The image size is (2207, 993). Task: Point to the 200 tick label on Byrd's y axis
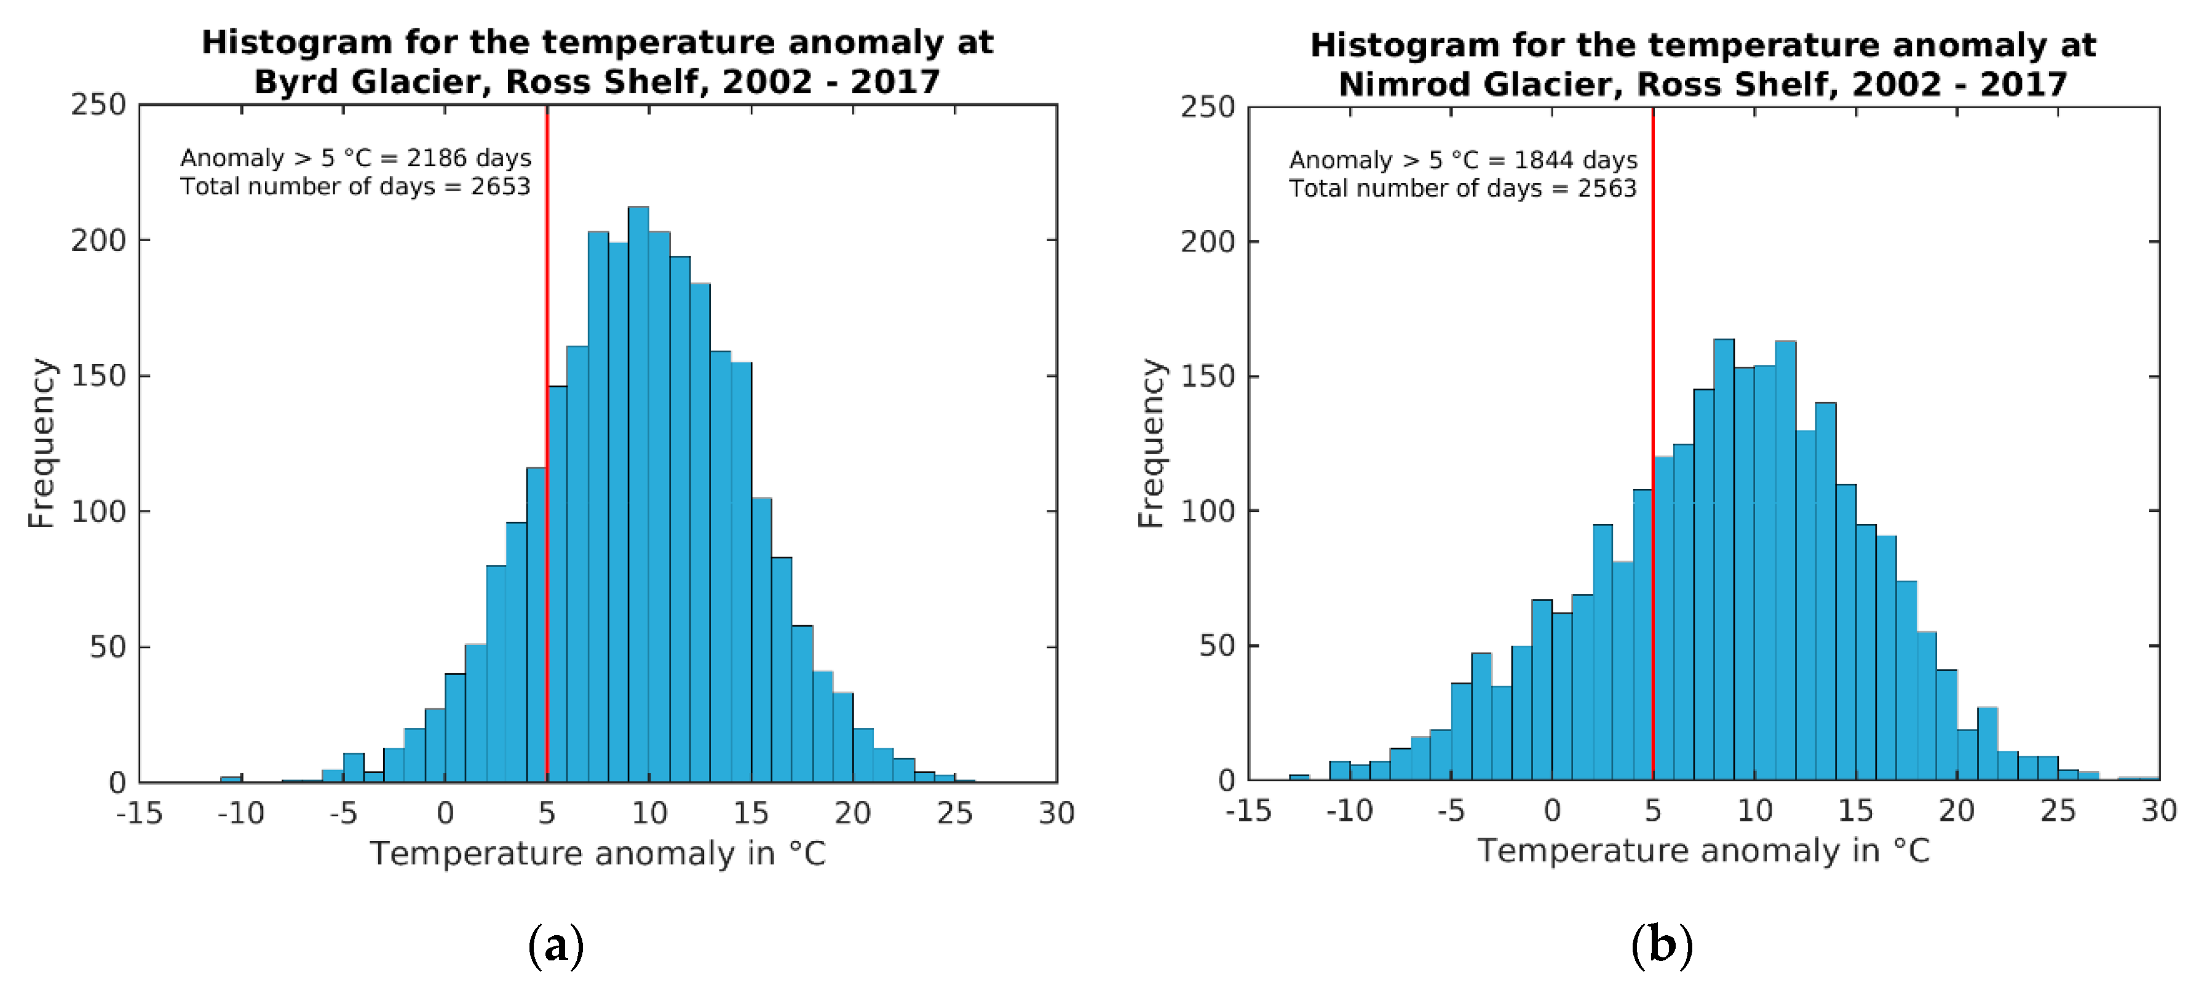98,241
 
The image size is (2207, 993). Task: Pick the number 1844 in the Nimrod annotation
1543,160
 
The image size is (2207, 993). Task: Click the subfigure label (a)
555,945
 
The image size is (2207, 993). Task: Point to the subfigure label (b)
1662,945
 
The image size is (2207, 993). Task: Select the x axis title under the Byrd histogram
597,853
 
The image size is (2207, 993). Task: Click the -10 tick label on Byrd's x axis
241,812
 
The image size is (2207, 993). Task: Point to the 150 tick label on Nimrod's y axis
1207,376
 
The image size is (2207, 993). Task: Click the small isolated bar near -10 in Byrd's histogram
231,779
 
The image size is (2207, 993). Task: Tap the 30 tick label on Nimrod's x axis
2158,810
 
